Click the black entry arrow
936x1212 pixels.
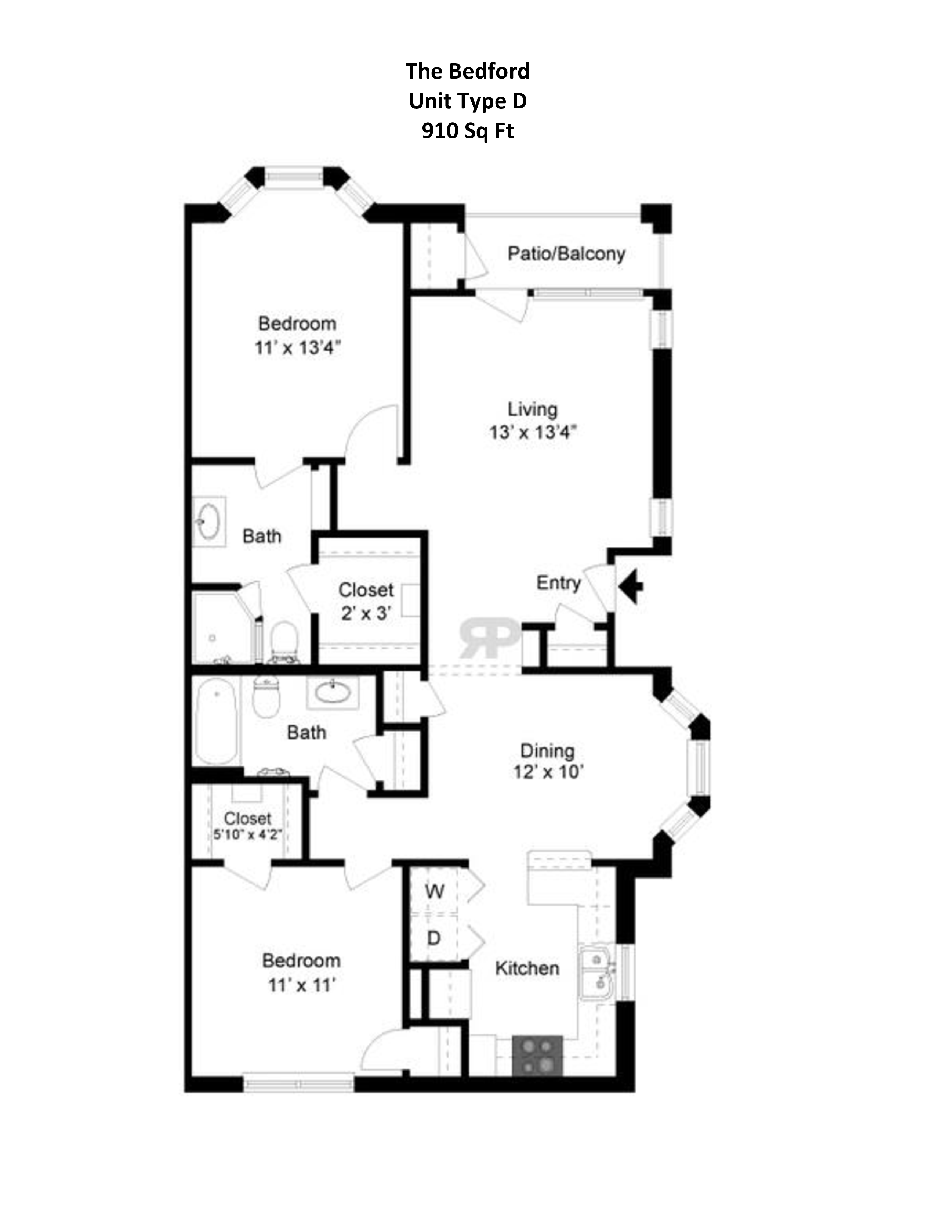pos(631,585)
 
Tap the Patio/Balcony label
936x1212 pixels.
pos(566,254)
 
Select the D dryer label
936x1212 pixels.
pos(433,938)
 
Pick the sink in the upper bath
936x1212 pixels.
pos(209,521)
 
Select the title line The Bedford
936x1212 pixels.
pos(467,71)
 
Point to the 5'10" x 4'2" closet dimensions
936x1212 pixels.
pos(248,835)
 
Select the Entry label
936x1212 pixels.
pos(558,583)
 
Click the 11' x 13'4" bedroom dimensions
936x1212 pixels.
pos(297,348)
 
